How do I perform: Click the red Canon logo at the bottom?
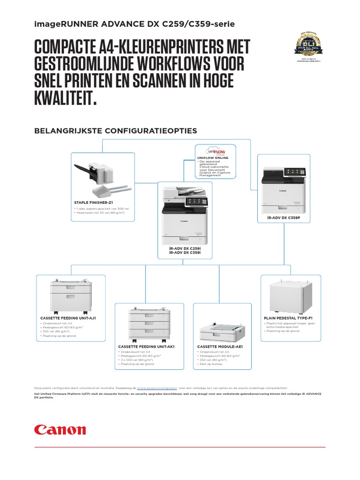coord(60,430)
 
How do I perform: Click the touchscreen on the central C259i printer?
coord(195,202)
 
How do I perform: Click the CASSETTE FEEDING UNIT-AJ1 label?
coord(68,318)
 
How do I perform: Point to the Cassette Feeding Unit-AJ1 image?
coord(70,296)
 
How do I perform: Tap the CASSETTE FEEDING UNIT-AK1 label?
coord(146,346)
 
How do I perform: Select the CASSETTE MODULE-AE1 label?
coord(217,346)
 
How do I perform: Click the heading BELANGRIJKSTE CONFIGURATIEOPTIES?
coord(116,130)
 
